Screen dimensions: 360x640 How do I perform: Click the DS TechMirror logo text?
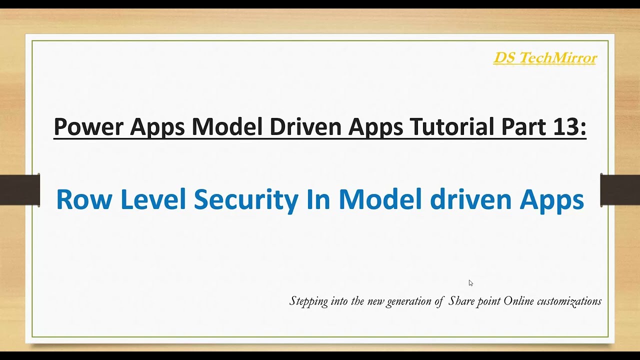545,58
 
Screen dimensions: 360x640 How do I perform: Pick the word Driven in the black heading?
305,127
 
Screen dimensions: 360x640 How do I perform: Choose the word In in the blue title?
318,199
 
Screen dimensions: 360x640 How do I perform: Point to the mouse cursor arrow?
470,282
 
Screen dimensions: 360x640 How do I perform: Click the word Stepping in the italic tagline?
308,301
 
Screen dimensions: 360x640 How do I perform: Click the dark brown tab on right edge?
620,190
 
